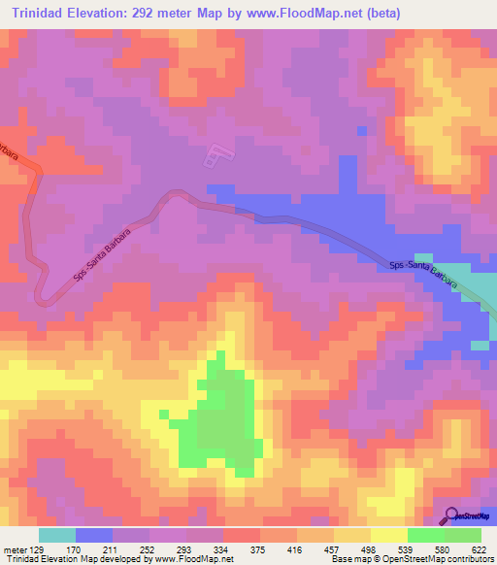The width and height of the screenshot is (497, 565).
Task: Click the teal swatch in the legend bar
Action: coord(57,535)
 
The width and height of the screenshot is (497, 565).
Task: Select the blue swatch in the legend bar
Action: coord(94,535)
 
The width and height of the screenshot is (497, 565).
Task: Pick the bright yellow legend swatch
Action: coord(388,535)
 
